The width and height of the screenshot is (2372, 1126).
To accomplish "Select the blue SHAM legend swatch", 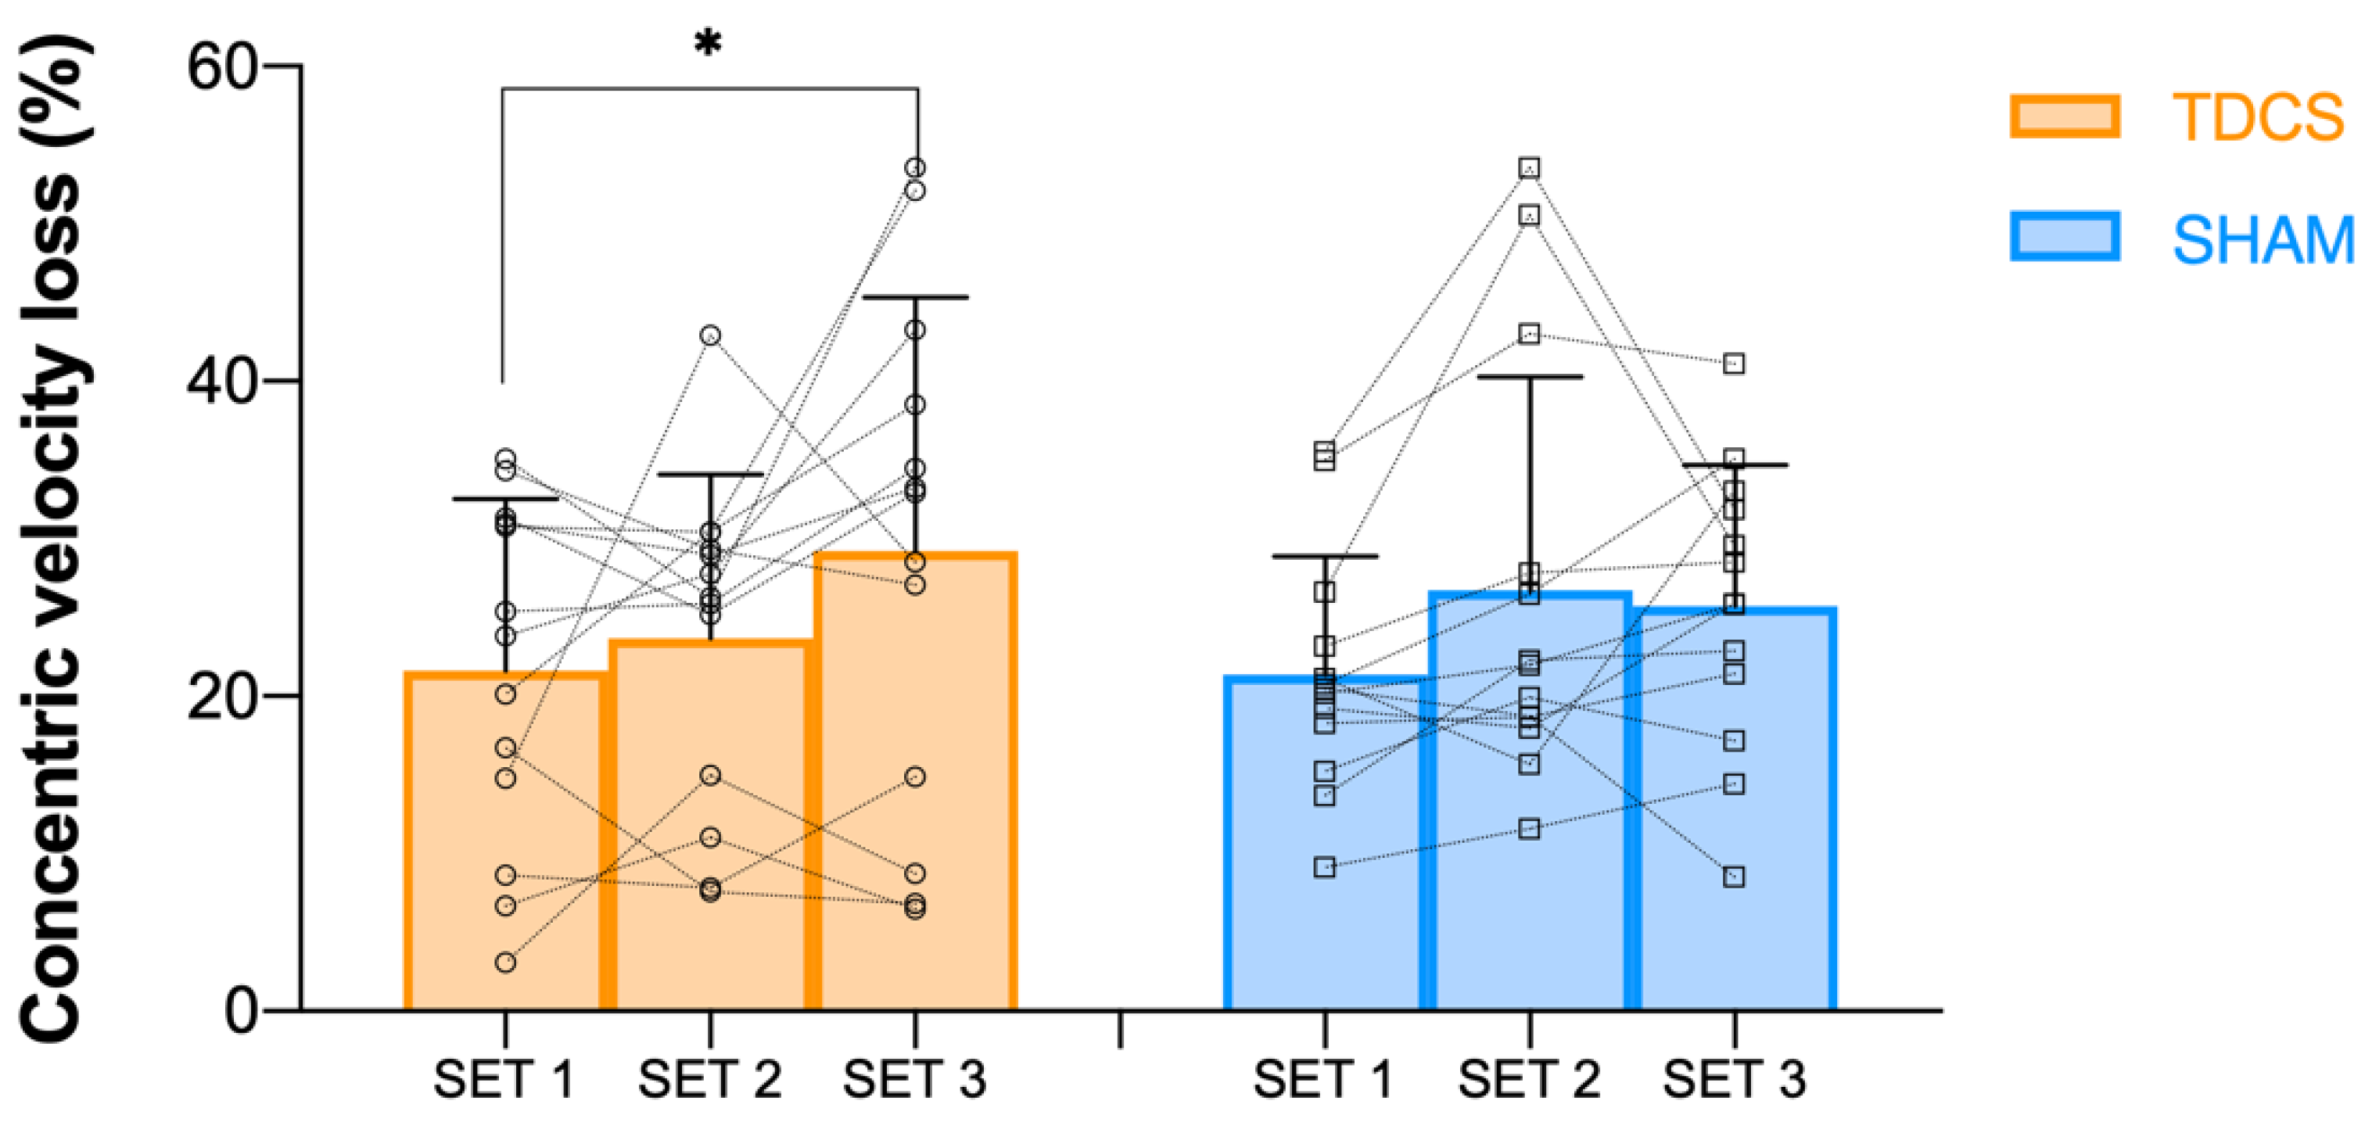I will [x=2065, y=237].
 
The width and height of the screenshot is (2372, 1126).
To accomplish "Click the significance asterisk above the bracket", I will [x=708, y=42].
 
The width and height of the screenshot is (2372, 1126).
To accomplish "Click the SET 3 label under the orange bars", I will [x=914, y=1080].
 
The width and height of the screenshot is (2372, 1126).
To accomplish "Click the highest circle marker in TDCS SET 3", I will [x=915, y=167].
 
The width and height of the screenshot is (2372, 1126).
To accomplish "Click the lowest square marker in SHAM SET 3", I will [x=1734, y=877].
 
